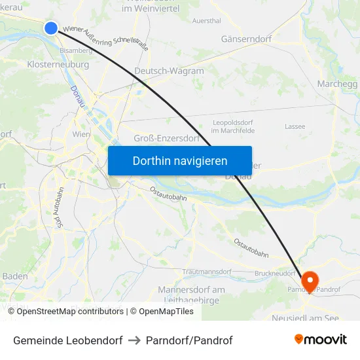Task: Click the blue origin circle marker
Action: [x=51, y=27]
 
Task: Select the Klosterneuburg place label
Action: [x=58, y=65]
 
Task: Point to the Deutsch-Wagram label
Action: [x=169, y=71]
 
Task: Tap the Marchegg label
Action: [x=337, y=84]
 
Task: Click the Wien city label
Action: [x=81, y=134]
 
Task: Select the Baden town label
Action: [x=15, y=276]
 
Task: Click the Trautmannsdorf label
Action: [x=207, y=272]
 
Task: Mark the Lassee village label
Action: [x=295, y=126]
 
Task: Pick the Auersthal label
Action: [x=206, y=21]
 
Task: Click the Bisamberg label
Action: [x=76, y=50]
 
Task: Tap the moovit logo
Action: [x=321, y=340]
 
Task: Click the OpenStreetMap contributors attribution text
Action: [x=70, y=312]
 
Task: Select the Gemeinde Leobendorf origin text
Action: [x=67, y=340]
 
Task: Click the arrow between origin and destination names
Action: [x=134, y=340]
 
